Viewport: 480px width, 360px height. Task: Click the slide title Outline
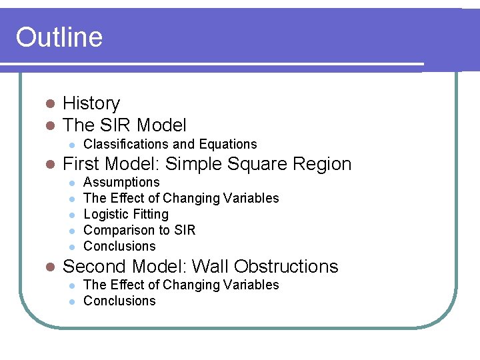pos(59,37)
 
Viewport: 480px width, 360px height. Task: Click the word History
pos(91,103)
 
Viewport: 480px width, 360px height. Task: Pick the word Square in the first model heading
pos(255,164)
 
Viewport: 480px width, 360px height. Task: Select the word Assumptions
pos(121,182)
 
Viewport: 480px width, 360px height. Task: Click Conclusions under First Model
pos(119,246)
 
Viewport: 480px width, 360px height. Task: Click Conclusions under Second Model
pos(119,301)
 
